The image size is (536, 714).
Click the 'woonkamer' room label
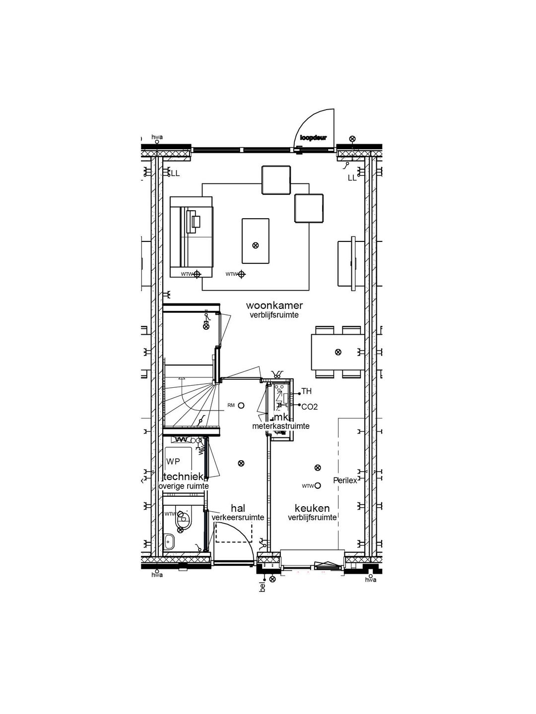click(274, 305)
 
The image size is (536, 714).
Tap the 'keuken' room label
click(312, 508)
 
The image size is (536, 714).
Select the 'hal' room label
click(238, 508)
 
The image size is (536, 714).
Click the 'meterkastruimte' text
click(281, 426)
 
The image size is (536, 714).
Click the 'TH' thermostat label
click(307, 392)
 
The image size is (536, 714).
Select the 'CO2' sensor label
click(309, 407)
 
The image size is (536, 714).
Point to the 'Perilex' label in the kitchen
click(345, 480)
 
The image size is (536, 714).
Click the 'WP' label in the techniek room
click(173, 462)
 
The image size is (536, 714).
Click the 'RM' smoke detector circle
click(241, 405)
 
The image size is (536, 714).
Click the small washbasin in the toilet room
click(170, 541)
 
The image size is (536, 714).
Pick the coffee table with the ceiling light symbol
click(256, 241)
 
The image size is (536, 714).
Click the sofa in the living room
click(191, 236)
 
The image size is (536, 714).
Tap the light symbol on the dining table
click(338, 352)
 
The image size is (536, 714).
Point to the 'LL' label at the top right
click(352, 178)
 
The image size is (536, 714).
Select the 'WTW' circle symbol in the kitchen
click(318, 485)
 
